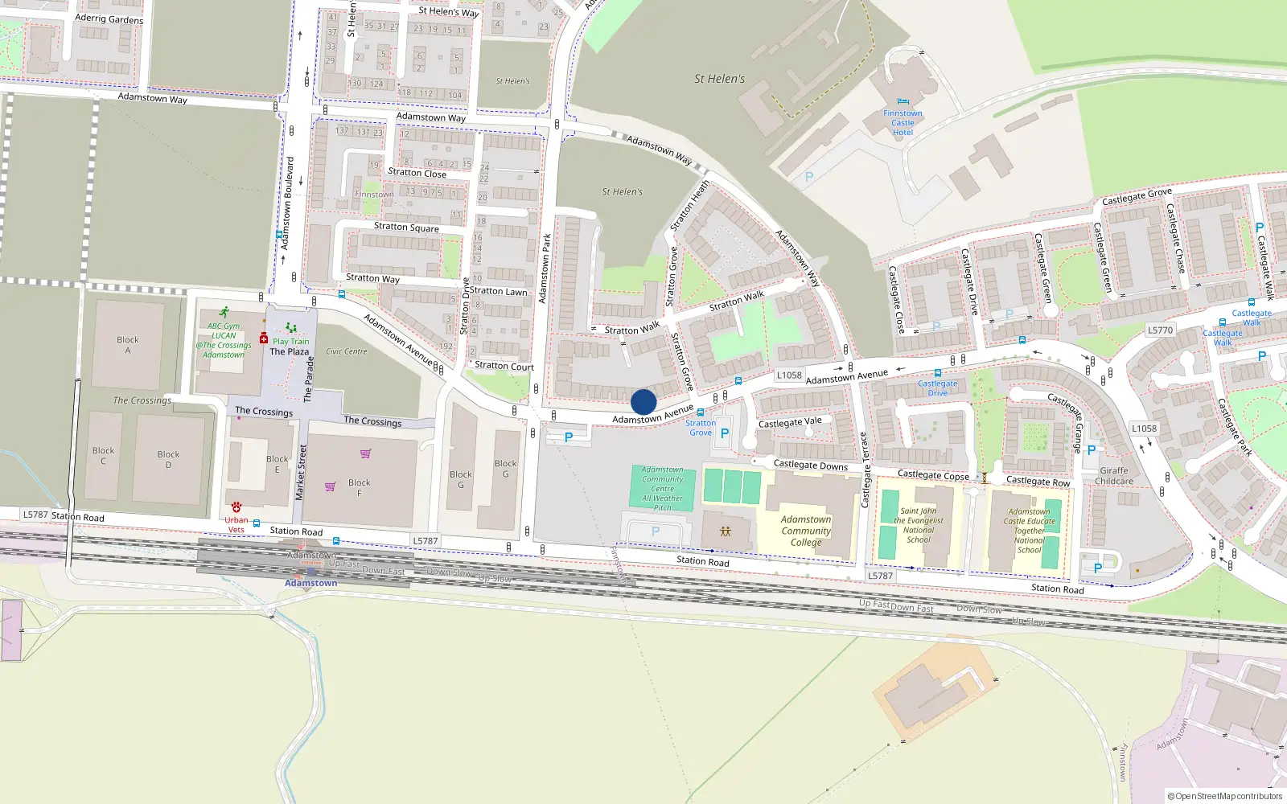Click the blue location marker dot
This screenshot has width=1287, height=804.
[x=643, y=402]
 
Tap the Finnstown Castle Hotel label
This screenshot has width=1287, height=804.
[x=903, y=123]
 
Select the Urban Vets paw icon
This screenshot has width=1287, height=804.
[x=236, y=507]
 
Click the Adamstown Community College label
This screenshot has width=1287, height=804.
[x=806, y=531]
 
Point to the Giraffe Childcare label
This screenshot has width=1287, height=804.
[x=1114, y=476]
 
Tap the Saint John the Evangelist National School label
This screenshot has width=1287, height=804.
[x=919, y=525]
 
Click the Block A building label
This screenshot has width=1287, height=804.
[x=127, y=345]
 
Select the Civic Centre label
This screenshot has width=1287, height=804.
[x=346, y=351]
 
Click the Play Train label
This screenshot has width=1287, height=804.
[x=290, y=341]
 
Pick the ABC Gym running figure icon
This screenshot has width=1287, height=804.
[x=224, y=312]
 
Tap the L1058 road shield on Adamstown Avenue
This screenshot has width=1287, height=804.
[x=789, y=375]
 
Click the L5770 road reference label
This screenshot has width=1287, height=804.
[x=1160, y=330]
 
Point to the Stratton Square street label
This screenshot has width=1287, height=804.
[x=406, y=227]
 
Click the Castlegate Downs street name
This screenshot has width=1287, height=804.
[x=810, y=465]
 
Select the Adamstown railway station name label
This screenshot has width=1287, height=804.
[x=310, y=583]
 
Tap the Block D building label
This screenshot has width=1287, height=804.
[x=168, y=459]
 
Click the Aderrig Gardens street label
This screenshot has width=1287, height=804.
[x=109, y=18]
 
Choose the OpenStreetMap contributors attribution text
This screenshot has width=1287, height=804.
[x=1224, y=796]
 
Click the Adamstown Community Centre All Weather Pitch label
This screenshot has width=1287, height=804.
[x=663, y=488]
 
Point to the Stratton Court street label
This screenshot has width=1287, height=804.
[x=504, y=366]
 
